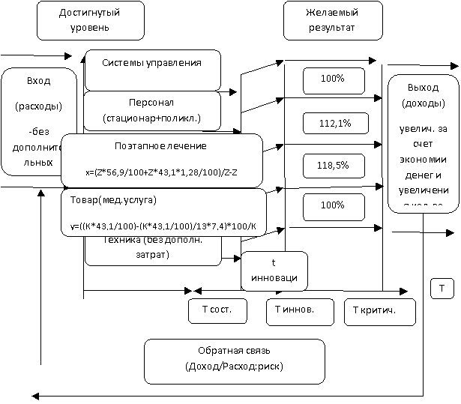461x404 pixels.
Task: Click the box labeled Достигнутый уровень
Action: pyautogui.click(x=89, y=20)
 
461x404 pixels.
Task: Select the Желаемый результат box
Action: pyautogui.click(x=332, y=20)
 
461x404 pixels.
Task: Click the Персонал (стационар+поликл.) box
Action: pyautogui.click(x=152, y=109)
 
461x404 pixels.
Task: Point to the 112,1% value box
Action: pyautogui.click(x=334, y=124)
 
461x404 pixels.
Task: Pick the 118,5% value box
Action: pyautogui.click(x=334, y=165)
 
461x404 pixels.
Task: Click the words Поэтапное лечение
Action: pyautogui.click(x=161, y=146)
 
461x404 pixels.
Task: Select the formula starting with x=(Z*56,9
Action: pyautogui.click(x=161, y=172)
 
